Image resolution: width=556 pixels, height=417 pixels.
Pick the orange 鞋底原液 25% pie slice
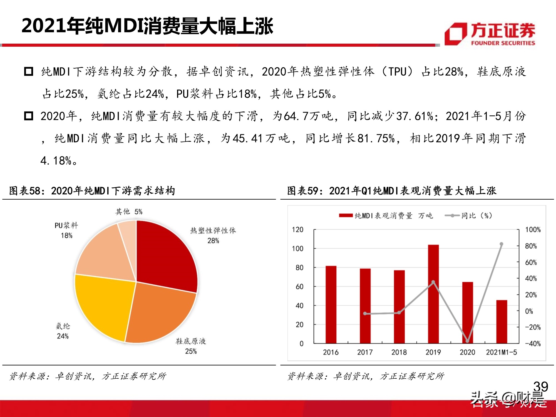click(158, 311)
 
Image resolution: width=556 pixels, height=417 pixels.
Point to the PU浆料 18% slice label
click(66, 230)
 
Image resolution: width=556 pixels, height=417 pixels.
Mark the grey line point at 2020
click(467, 341)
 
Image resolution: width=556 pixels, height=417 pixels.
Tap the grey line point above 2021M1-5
click(501, 244)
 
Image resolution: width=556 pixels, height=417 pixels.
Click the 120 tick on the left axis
click(297, 230)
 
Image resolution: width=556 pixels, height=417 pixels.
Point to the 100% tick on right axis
click(533, 230)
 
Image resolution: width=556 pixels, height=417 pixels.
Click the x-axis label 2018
click(399, 352)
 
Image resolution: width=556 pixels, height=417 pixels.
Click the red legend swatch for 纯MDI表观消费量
click(346, 216)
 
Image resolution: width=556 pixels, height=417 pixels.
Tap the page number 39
click(540, 386)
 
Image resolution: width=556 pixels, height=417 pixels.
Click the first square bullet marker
click(29, 71)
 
